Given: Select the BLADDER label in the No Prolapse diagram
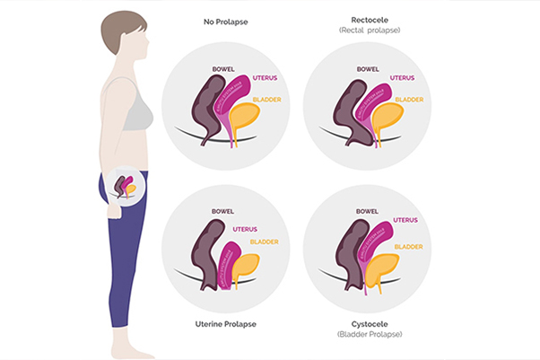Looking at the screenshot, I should point(265,99).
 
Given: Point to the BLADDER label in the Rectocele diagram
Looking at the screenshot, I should point(408,99).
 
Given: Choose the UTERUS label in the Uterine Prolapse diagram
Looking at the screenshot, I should point(245,229).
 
